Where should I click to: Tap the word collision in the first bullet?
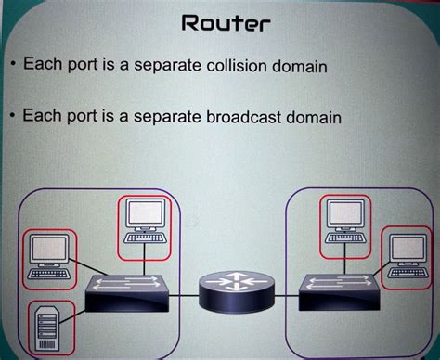[x=252, y=67]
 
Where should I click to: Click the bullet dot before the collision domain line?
[x=9, y=67]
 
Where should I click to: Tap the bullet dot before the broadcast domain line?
[x=9, y=117]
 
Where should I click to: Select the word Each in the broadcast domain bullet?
[x=41, y=116]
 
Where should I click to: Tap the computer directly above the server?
[x=49, y=255]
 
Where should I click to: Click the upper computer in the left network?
[x=144, y=223]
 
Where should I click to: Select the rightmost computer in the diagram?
[x=408, y=255]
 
